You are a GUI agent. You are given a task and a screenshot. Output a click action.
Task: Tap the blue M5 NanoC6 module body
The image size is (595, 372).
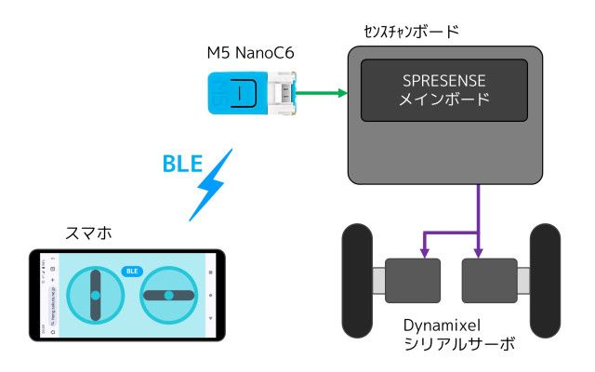point(236,93)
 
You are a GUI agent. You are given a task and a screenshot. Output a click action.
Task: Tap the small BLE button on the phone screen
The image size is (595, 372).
point(131,272)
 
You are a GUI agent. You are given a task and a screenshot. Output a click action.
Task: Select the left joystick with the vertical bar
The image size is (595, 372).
point(95,295)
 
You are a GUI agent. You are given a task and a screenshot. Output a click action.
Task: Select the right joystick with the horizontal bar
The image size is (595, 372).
point(168,295)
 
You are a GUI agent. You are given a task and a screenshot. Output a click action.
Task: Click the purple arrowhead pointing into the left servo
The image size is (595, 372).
point(424,251)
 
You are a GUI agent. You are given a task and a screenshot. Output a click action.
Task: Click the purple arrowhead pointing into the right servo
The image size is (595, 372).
point(478,251)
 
